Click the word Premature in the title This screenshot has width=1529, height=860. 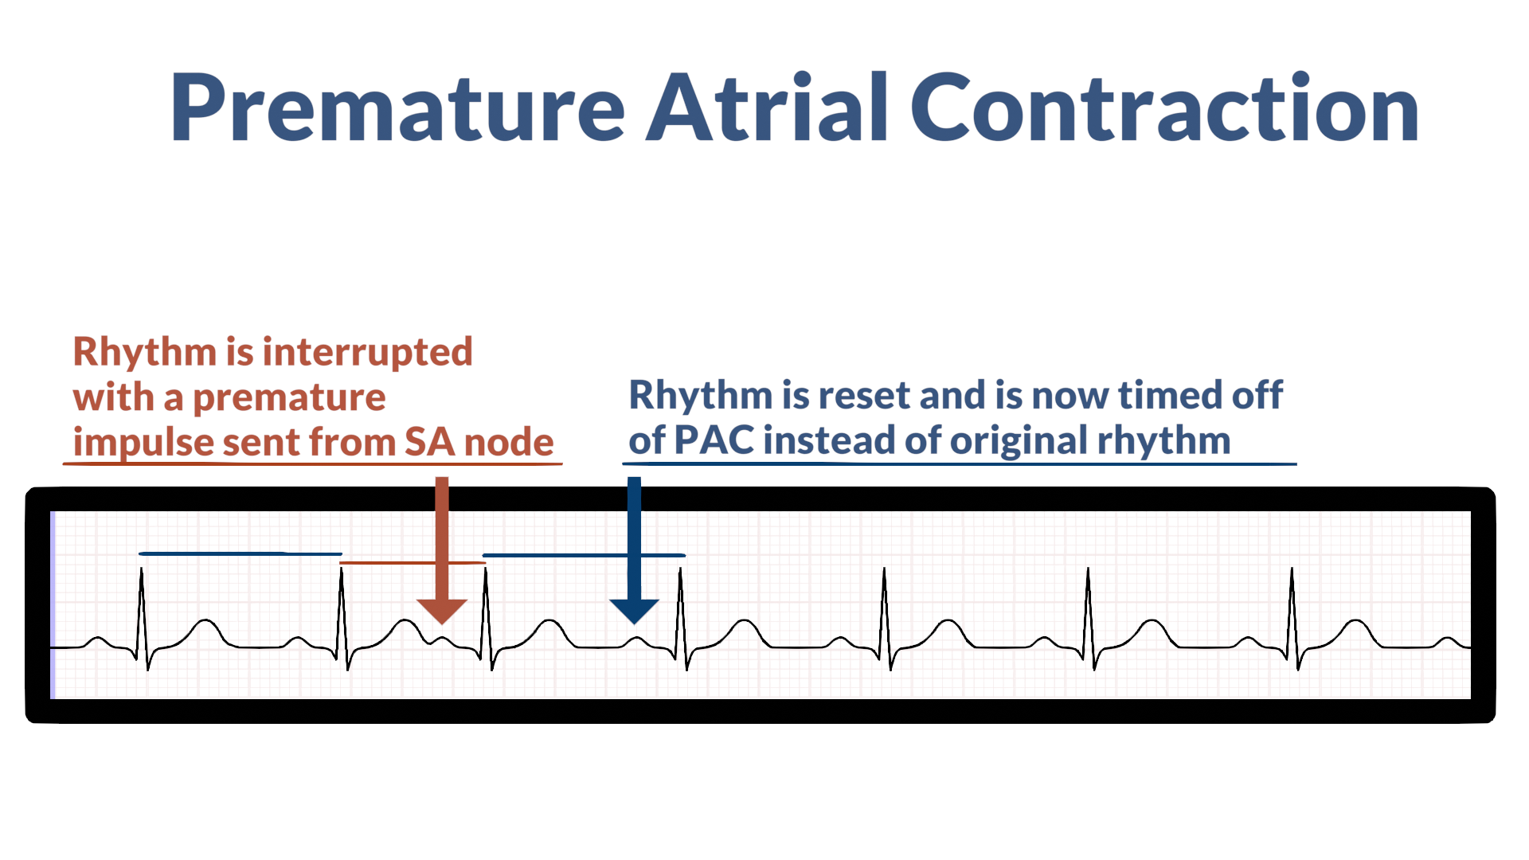click(x=397, y=108)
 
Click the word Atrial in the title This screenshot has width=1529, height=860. click(x=766, y=108)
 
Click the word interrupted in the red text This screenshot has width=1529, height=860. click(x=367, y=352)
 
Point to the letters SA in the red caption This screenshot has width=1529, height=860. click(x=429, y=443)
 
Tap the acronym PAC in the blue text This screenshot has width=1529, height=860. click(x=714, y=440)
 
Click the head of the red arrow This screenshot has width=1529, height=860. click(x=442, y=611)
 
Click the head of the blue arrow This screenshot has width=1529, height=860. click(x=634, y=611)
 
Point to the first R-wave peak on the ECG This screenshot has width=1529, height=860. click(x=142, y=570)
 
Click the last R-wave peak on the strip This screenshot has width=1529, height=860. click(x=1292, y=570)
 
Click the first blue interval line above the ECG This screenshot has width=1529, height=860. click(x=239, y=553)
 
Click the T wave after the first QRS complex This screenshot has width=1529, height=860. click(x=206, y=621)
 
